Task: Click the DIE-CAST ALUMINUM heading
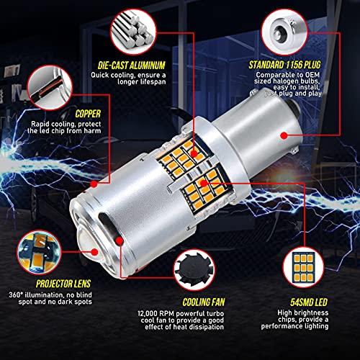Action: pyautogui.click(x=132, y=66)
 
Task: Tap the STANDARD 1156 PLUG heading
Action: pyautogui.click(x=284, y=65)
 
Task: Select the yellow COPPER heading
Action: pyautogui.click(x=88, y=114)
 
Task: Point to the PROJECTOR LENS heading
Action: pyautogui.click(x=63, y=284)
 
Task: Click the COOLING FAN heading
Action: pyautogui.click(x=204, y=302)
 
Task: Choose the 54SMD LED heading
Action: pyautogui.click(x=309, y=302)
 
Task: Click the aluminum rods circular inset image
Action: pyautogui.click(x=133, y=32)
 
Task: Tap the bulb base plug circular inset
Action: pyautogui.click(x=284, y=32)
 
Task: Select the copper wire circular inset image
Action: pyautogui.click(x=50, y=87)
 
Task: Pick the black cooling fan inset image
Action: pyautogui.click(x=194, y=270)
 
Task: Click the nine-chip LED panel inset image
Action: pyautogui.click(x=303, y=268)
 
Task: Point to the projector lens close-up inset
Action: pyautogui.click(x=38, y=252)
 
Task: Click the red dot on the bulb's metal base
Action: pyautogui.click(x=284, y=135)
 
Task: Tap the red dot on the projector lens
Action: pyautogui.click(x=95, y=252)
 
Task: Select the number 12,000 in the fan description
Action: pyautogui.click(x=148, y=313)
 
